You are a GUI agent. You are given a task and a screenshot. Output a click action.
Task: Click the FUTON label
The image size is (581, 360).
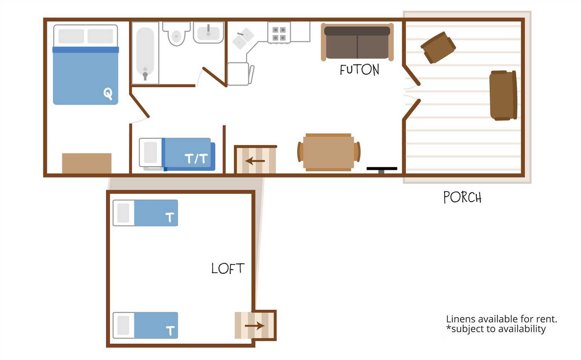pos(360,69)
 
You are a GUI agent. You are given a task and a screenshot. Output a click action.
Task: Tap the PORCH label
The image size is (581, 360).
pos(463,197)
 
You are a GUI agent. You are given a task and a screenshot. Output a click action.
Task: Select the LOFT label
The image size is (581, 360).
pos(228,268)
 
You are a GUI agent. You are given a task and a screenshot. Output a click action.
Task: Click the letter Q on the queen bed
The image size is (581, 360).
pos(108,93)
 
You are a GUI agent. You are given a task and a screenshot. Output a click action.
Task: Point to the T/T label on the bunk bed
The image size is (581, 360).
pos(196,158)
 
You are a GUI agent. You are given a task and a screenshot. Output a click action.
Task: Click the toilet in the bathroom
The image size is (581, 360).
pos(177,34)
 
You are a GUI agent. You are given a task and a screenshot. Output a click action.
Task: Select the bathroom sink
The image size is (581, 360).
pos(208,32)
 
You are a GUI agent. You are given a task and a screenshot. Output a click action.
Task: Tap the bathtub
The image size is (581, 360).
pos(145,53)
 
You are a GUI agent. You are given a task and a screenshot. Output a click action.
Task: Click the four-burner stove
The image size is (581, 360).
pos(279,33)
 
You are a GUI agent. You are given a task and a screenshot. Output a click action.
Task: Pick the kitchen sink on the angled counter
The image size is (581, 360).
pos(243,38)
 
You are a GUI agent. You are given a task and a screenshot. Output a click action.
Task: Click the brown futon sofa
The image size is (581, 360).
pos(357,42)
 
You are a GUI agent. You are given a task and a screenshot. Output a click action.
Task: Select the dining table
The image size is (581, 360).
pos(329,152)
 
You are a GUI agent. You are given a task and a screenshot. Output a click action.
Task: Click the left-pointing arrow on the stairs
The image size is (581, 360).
pos(255,161)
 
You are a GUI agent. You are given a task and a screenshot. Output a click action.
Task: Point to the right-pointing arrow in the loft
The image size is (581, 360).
pos(255,326)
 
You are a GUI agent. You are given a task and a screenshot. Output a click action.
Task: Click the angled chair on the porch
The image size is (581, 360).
pos(438,47)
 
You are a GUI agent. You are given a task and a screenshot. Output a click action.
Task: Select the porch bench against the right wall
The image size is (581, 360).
pos(503,95)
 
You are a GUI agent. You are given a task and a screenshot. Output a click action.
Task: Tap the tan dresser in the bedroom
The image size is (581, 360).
pos(87,163)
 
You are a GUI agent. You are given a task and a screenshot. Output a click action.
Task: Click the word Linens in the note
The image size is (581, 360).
pos(461,319)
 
